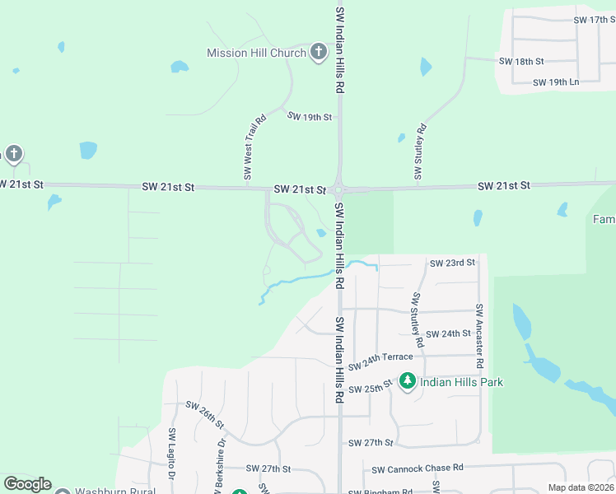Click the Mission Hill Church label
tap(256, 53)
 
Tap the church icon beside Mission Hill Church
tap(319, 53)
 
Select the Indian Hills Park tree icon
tap(408, 381)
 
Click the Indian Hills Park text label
tap(461, 382)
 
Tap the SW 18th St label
tap(521, 62)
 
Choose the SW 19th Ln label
tap(556, 82)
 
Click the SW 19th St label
tap(309, 117)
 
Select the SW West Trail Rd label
tap(254, 147)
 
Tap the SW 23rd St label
tap(453, 263)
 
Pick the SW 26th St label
tap(205, 414)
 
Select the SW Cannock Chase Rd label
tap(417, 468)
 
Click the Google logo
tap(28, 484)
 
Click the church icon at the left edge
tap(12, 154)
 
